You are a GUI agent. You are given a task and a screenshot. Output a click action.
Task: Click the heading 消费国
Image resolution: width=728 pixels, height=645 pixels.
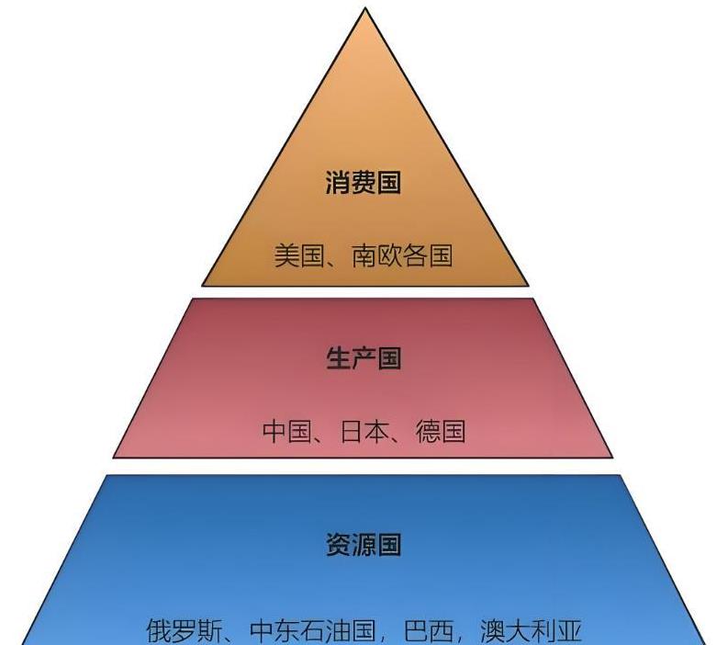click(364, 183)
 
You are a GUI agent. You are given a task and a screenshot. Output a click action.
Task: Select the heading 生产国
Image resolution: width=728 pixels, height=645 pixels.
click(364, 357)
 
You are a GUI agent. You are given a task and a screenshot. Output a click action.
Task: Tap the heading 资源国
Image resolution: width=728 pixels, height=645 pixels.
click(364, 544)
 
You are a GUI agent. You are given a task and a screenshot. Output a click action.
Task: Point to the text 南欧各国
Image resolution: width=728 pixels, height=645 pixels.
click(402, 255)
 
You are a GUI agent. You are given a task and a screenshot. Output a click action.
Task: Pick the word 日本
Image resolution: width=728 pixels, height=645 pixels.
click(364, 431)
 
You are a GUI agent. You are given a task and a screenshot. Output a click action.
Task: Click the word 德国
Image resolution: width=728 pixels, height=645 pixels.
click(441, 431)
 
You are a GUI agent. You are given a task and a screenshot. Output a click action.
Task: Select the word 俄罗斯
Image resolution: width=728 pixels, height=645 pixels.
click(184, 631)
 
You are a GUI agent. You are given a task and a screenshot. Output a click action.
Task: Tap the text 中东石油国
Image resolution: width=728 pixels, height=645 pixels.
click(313, 631)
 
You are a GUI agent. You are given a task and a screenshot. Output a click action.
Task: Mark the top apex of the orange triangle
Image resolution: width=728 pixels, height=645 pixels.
click(365, 9)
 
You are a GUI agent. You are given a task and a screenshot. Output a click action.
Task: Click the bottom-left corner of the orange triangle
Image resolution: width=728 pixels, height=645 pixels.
click(203, 285)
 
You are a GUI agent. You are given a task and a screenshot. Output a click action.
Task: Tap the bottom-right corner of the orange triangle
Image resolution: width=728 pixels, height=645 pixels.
click(528, 285)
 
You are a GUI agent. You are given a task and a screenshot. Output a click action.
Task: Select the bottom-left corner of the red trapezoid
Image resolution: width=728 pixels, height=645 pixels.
click(114, 456)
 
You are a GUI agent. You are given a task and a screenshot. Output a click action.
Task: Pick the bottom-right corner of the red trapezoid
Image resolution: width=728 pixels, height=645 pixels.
click(611, 456)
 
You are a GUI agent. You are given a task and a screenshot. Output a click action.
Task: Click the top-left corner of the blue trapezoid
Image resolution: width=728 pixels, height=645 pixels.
click(106, 476)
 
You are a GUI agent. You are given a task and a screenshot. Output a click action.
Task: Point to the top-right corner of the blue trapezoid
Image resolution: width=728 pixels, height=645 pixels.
click(621, 476)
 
